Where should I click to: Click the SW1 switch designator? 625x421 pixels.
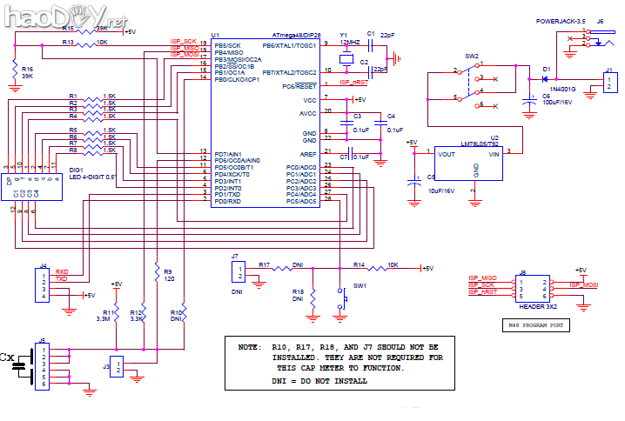360,285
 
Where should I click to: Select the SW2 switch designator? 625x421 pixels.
472,56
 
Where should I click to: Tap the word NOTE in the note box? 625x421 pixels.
249,347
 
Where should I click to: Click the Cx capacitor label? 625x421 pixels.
8,358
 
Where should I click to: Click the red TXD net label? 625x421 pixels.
62,279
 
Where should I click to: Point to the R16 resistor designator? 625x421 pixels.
27,69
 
